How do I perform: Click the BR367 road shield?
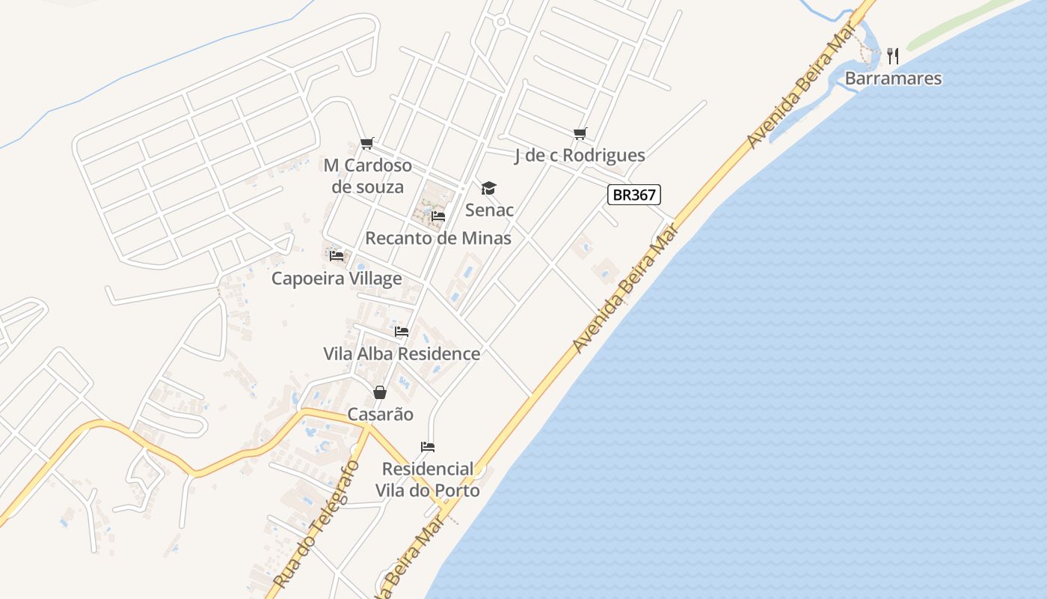point(633,195)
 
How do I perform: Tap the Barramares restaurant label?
point(893,79)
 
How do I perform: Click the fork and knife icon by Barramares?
point(892,55)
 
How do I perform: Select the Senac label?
point(489,210)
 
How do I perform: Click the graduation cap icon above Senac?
point(488,188)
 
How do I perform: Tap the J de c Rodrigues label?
point(580,156)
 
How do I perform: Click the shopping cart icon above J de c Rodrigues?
point(580,134)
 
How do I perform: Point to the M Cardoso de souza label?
point(368,176)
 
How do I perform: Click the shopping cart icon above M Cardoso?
point(366,144)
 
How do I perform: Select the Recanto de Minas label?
point(438,238)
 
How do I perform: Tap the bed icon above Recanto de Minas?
point(438,216)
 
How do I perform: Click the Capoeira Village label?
point(337,279)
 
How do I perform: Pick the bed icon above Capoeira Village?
point(337,256)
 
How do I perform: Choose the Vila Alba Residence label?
point(402,353)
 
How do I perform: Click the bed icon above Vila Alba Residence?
point(402,331)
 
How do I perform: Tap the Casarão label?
point(380,414)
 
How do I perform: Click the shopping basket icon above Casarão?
point(380,392)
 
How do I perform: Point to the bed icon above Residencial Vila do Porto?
point(428,447)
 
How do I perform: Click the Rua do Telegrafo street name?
point(316,524)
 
